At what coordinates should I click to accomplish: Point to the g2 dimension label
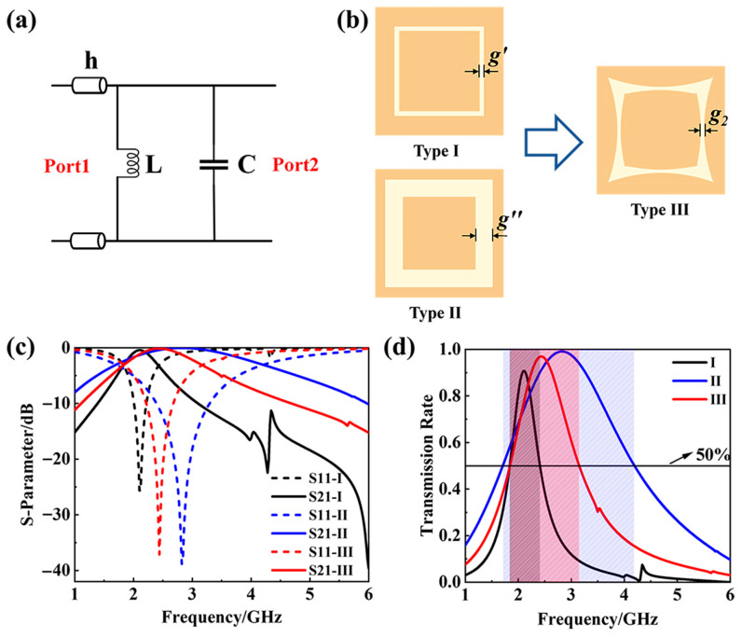[x=717, y=119]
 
